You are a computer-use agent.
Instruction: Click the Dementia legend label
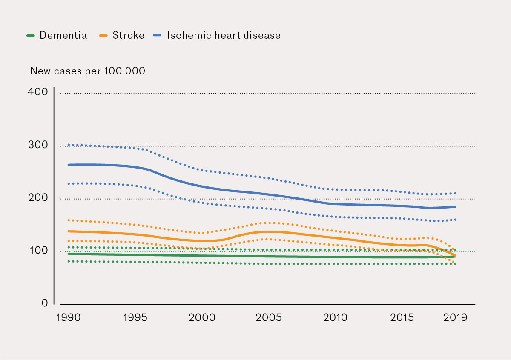[x=63, y=35]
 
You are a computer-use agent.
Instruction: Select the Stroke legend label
[x=128, y=35]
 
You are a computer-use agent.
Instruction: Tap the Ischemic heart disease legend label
[x=224, y=35]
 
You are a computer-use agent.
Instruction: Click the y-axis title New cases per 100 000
[x=88, y=71]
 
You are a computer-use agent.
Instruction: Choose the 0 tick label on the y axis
[x=44, y=303]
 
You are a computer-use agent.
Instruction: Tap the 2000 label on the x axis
[x=202, y=318]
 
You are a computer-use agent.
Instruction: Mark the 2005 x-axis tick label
[x=269, y=318]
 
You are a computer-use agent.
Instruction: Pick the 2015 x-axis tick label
[x=402, y=318]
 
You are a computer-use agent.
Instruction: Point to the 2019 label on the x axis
[x=455, y=318]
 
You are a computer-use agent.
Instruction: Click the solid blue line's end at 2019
[x=456, y=207]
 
